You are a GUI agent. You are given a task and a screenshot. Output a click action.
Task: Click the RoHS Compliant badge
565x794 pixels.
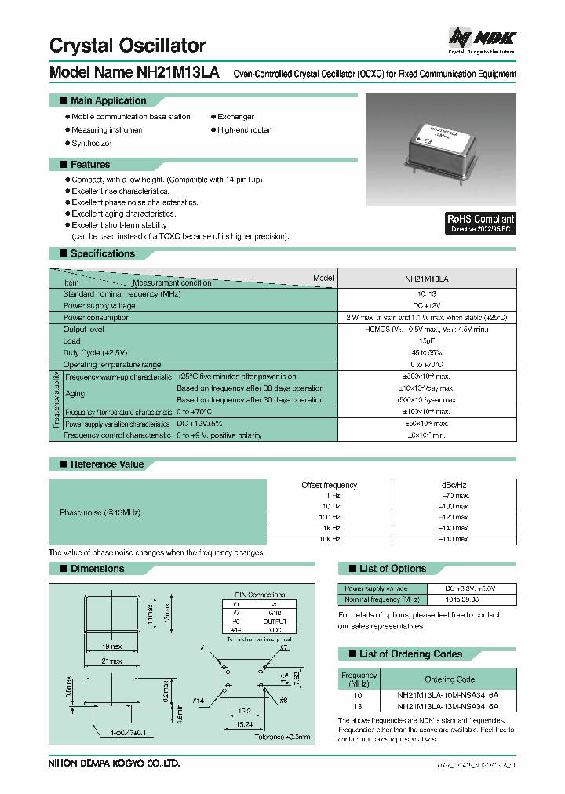(480, 224)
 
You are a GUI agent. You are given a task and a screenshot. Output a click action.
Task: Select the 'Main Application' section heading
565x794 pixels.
(108, 100)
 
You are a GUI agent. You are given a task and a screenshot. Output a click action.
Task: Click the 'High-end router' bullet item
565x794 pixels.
(243, 129)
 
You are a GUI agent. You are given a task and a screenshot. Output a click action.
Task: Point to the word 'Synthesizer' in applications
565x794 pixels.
(91, 143)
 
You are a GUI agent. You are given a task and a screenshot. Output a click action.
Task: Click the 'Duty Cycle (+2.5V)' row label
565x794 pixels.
(95, 353)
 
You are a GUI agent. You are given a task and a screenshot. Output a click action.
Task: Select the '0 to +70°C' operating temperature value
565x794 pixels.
(428, 365)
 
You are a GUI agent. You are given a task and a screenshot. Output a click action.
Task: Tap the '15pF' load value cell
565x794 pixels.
(428, 341)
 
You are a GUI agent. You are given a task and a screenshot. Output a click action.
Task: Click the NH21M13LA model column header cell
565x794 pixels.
(428, 279)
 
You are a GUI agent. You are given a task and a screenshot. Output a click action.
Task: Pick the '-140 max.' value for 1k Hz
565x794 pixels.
(453, 529)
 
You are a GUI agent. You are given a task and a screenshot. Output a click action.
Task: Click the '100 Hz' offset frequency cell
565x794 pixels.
(330, 518)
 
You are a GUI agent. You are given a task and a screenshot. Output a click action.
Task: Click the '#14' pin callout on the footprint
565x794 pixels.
(200, 701)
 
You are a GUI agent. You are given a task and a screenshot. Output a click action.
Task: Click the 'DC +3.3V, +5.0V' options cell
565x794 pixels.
(470, 588)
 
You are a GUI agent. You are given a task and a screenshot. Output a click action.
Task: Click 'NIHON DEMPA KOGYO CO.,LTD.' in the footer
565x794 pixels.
(115, 763)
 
